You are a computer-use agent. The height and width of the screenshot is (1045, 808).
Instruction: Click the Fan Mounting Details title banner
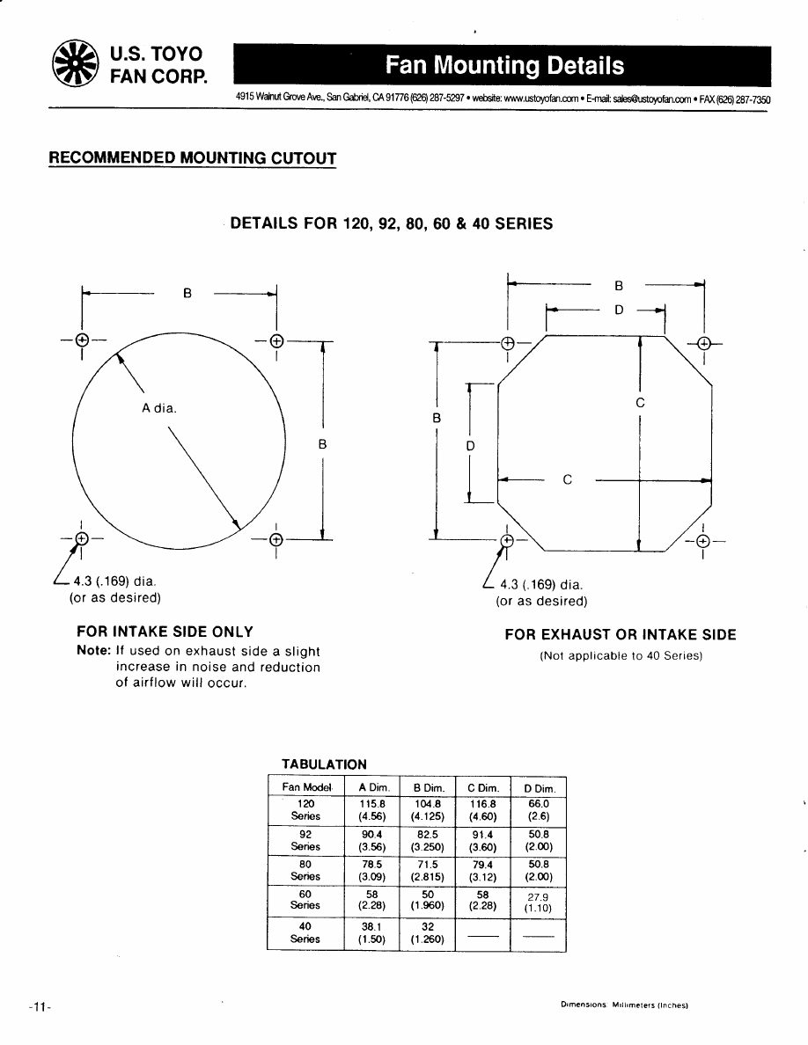[x=503, y=66]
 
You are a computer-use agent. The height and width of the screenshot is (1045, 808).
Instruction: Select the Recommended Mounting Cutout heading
[x=192, y=158]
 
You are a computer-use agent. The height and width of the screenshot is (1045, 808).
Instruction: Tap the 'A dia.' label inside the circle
[x=158, y=407]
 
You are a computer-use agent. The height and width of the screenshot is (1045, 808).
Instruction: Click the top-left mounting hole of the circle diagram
[x=82, y=340]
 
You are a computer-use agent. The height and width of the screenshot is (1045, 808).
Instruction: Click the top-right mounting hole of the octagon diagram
[x=703, y=343]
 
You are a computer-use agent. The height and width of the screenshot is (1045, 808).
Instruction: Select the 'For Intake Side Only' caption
[x=165, y=632]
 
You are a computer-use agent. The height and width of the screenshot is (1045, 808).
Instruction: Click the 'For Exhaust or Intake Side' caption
[x=620, y=635]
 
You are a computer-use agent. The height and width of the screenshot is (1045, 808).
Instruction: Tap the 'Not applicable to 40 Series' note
[x=621, y=656]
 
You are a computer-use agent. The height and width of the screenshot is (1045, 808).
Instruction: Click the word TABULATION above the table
[x=324, y=764]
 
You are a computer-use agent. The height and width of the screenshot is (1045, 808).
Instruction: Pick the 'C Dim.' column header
[x=482, y=787]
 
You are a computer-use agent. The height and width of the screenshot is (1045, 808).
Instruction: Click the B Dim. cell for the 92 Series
[x=428, y=840]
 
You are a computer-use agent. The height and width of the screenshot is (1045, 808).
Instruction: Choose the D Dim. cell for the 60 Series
[x=538, y=903]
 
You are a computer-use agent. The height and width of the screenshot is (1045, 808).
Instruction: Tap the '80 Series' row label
[x=305, y=870]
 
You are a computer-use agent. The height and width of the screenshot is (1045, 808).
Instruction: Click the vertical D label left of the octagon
[x=470, y=446]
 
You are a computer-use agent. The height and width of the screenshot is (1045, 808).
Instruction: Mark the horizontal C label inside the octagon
[x=568, y=480]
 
